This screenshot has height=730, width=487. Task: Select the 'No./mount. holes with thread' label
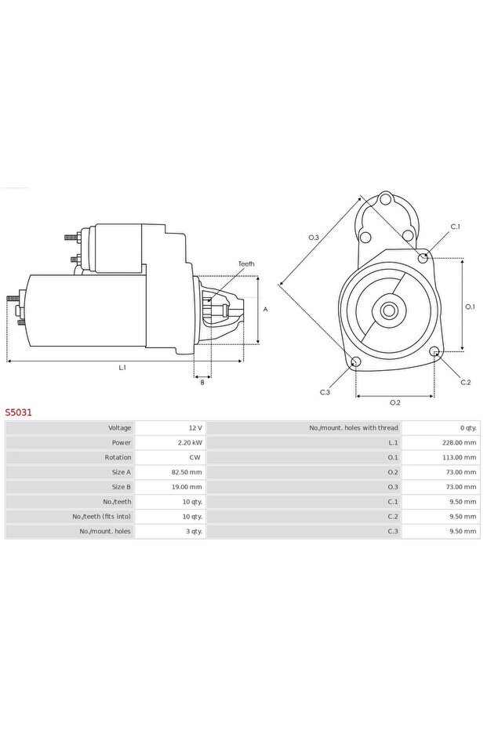pos(354,428)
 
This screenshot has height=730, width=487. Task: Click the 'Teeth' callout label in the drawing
pos(246,264)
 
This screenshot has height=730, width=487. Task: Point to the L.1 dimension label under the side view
pos(122,367)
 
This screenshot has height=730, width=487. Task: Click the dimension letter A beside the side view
pos(265,310)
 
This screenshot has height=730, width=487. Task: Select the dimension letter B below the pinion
pos(202,382)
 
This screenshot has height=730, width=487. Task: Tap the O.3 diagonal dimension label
pos(313,237)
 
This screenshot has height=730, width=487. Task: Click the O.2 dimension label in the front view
pos(395,403)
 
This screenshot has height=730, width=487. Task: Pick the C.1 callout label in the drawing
pos(455,227)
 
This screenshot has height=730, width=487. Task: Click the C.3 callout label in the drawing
pos(325,392)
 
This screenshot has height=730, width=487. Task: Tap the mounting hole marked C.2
pos(435,354)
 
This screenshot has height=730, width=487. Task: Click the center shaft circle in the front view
pos(389,311)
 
